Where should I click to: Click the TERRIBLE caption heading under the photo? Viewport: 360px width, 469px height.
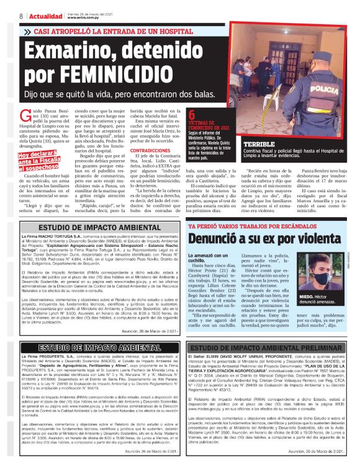pyautogui.click(x=260, y=143)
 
